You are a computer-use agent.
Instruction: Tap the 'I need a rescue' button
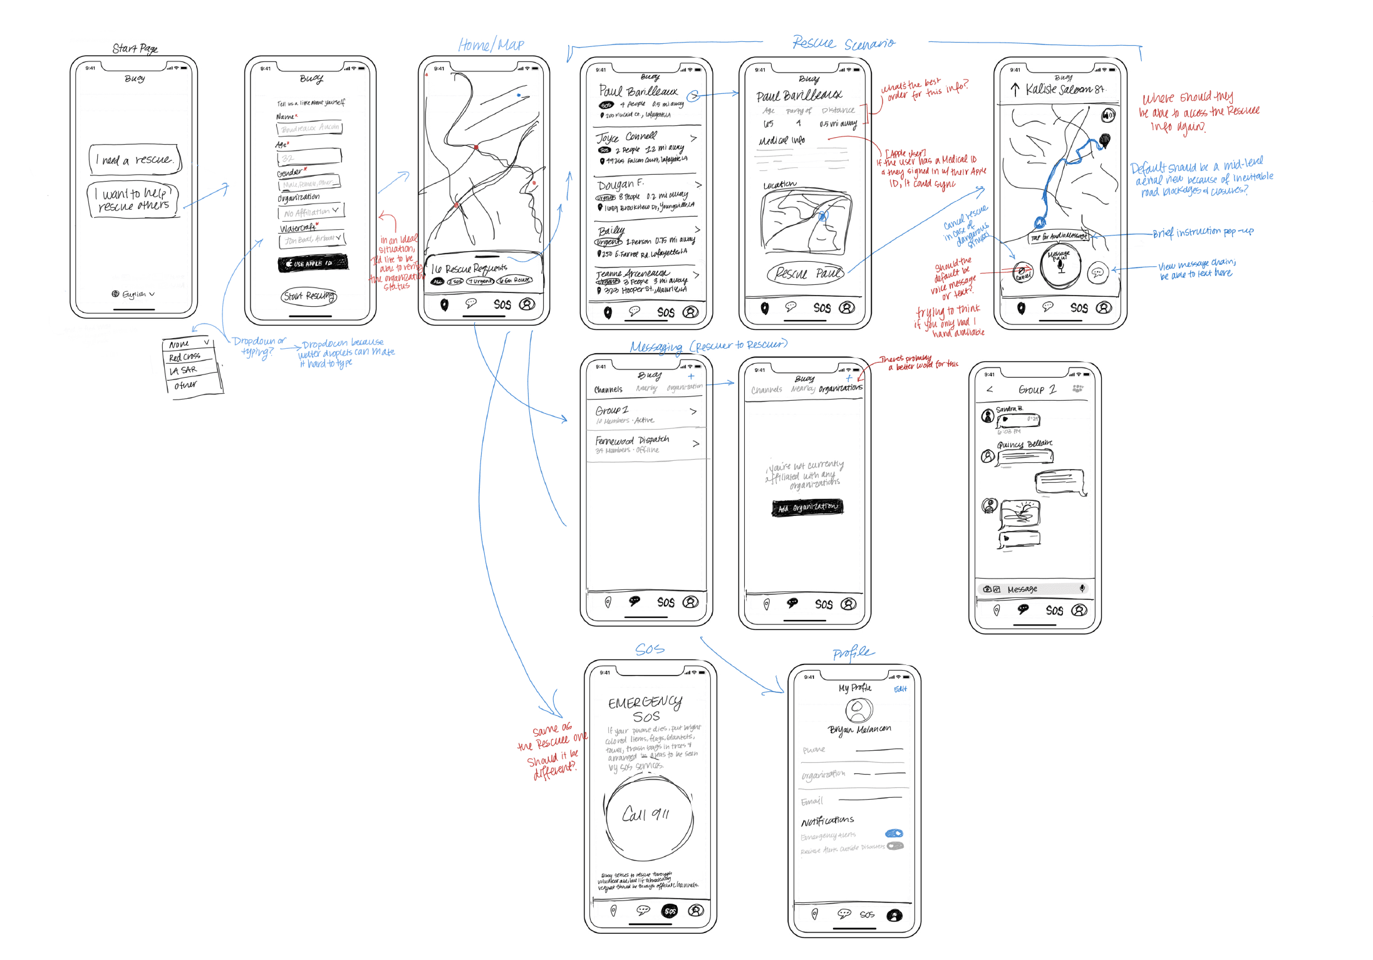click(x=135, y=160)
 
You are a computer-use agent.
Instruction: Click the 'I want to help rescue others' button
click(x=133, y=200)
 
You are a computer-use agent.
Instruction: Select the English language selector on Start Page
click(x=133, y=294)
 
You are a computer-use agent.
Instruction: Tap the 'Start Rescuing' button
click(x=309, y=296)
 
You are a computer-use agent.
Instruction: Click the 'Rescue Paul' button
click(x=806, y=274)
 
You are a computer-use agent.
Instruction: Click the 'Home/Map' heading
click(x=491, y=45)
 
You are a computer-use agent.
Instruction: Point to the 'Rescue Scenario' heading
click(x=843, y=43)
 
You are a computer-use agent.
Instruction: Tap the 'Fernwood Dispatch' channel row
click(x=646, y=444)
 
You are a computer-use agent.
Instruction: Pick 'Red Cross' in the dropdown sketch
click(x=185, y=357)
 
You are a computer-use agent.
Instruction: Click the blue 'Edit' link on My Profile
click(x=900, y=689)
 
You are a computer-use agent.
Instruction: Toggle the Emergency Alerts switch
click(x=894, y=834)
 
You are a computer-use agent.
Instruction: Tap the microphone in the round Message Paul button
click(x=1060, y=266)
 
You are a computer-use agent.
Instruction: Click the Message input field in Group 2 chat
click(x=1034, y=589)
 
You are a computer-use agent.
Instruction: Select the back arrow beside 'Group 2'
click(x=990, y=390)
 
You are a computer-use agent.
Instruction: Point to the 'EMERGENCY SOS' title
click(x=645, y=709)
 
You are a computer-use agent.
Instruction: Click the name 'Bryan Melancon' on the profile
click(x=859, y=730)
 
